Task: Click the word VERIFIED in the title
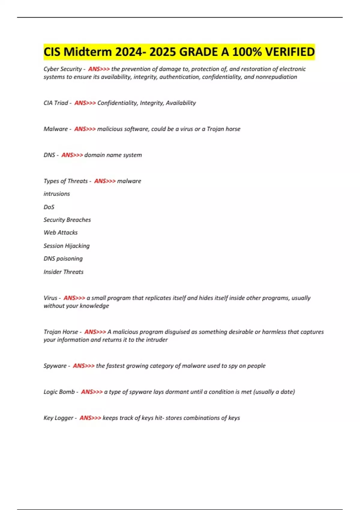coord(290,52)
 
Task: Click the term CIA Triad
coord(56,103)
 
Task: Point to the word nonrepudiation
coord(276,77)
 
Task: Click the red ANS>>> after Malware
coord(85,129)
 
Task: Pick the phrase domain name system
coord(113,155)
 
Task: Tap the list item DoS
coord(49,207)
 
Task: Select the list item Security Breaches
coord(67,220)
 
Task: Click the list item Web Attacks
coord(61,232)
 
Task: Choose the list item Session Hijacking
coord(67,246)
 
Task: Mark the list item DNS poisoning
coord(63,259)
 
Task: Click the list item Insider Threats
coord(64,272)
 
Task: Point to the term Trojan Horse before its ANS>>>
coord(61,332)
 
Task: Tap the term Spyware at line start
coord(55,366)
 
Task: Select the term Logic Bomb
coord(59,392)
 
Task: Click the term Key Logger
coord(58,418)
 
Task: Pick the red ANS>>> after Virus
coord(74,298)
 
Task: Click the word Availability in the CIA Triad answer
coord(181,103)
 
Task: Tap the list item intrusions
coord(57,194)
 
